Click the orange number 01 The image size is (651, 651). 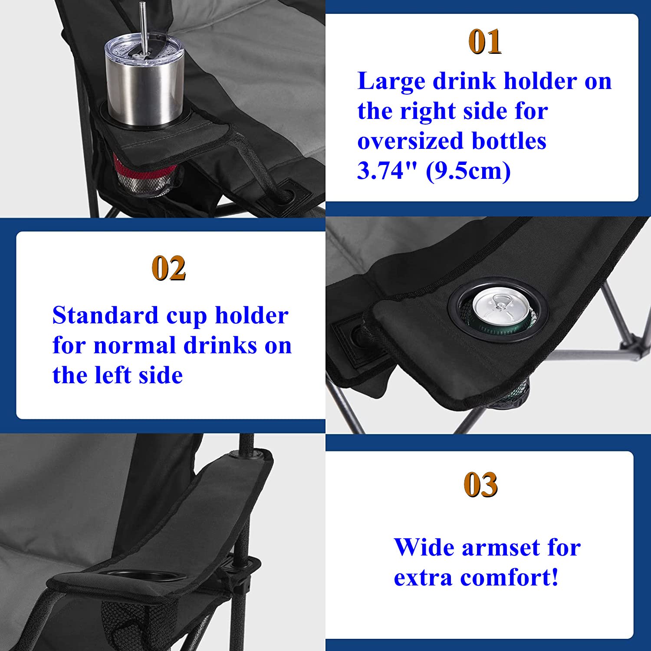point(485,42)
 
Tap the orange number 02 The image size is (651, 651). point(169,268)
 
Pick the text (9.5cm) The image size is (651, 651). point(468,171)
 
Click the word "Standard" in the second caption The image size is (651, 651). point(105,315)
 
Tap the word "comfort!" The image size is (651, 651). point(509,578)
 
